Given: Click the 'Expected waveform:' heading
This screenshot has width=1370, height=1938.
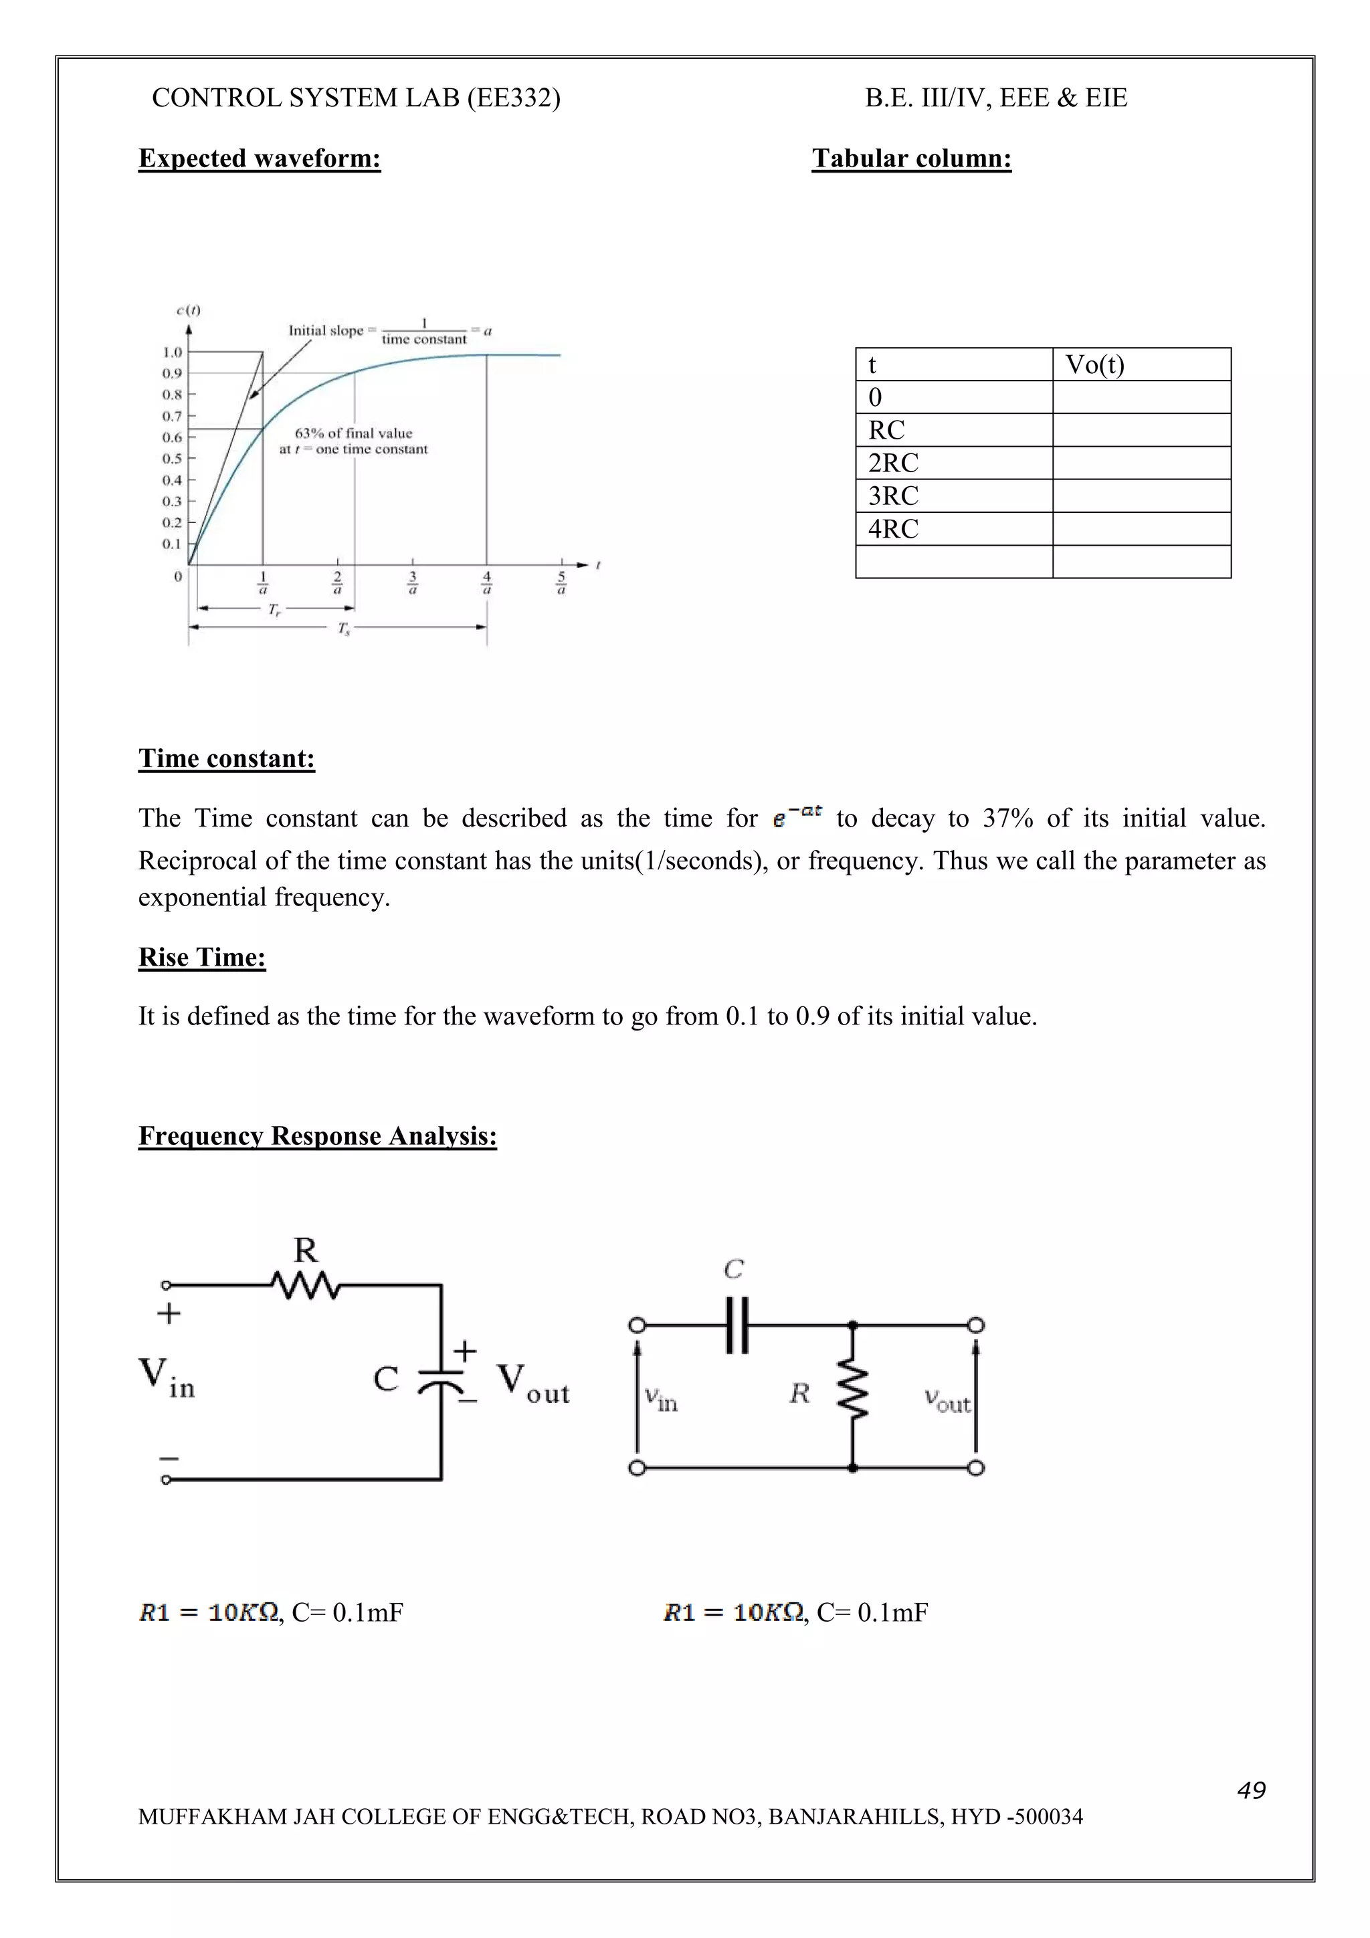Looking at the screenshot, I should [x=259, y=158].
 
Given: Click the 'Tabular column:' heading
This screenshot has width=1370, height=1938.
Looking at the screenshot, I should [x=911, y=158].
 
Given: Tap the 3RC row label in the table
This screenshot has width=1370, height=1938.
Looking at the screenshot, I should [x=893, y=496].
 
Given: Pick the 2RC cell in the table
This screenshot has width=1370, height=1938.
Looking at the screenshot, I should [x=893, y=463].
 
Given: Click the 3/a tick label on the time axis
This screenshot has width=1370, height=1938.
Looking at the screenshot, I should [x=412, y=582].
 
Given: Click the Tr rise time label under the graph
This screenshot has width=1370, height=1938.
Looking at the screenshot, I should [x=274, y=609].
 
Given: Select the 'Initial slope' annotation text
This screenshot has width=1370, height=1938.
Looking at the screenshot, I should [x=326, y=330].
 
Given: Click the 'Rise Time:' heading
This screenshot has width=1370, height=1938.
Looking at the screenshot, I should [x=202, y=956].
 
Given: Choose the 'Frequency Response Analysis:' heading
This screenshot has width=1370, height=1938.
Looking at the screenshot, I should [x=317, y=1136].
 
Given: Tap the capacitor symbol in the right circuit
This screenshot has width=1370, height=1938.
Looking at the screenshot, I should [x=737, y=1325].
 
